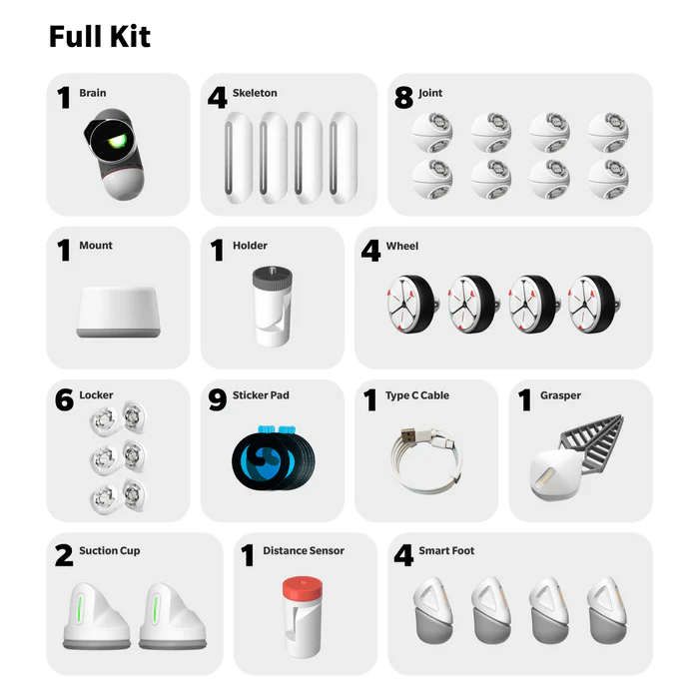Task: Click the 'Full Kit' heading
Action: click(x=100, y=36)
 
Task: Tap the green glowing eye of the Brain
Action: click(x=117, y=142)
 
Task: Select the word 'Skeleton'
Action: click(x=255, y=93)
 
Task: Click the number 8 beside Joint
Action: click(x=403, y=98)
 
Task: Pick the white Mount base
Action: click(x=119, y=312)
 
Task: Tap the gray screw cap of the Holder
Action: click(x=273, y=277)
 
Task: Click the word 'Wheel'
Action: click(x=402, y=246)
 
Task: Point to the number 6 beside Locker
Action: click(x=64, y=399)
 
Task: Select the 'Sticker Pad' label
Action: click(x=261, y=395)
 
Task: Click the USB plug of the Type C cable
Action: click(x=409, y=434)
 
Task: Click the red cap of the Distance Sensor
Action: click(x=303, y=589)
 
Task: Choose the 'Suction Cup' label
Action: click(x=109, y=550)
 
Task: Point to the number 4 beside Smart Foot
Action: click(x=403, y=555)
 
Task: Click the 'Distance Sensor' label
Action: click(x=304, y=550)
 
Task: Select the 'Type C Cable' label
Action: click(x=417, y=395)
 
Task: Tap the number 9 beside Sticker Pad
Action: click(x=218, y=399)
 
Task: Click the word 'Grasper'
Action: click(x=560, y=395)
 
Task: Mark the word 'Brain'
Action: click(x=93, y=93)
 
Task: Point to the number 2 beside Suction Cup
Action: click(x=64, y=555)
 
